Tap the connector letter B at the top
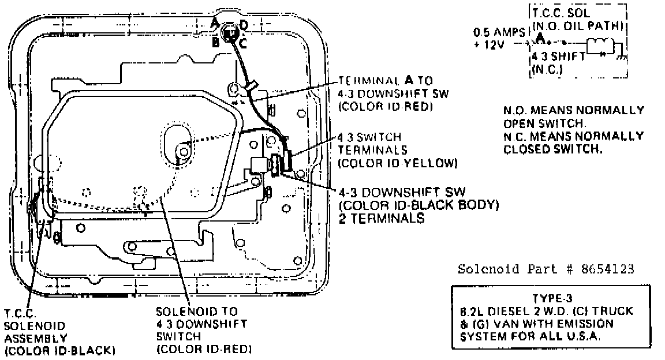click(215, 42)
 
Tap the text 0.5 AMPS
click(496, 33)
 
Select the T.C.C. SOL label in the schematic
click(558, 14)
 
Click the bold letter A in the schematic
click(540, 38)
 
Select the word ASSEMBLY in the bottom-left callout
click(36, 337)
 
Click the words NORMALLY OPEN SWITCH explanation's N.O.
click(513, 110)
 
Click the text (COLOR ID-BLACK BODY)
click(419, 205)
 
